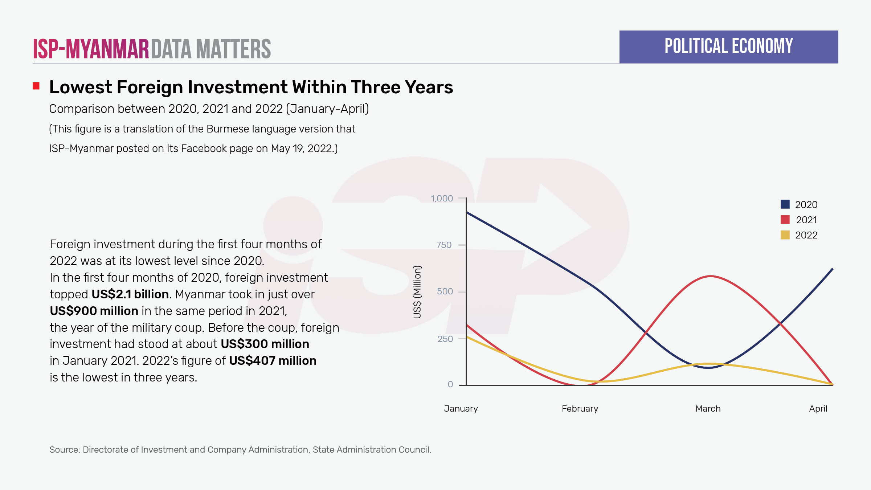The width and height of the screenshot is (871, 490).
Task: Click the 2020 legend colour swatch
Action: pyautogui.click(x=785, y=204)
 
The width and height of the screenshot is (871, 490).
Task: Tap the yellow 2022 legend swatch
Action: pyautogui.click(x=785, y=235)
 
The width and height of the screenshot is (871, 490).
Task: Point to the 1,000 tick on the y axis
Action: pyautogui.click(x=442, y=199)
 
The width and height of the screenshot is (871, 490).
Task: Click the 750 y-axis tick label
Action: pyautogui.click(x=444, y=245)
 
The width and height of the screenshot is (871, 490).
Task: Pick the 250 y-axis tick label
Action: pyautogui.click(x=445, y=339)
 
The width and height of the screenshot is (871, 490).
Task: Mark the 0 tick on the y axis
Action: pyautogui.click(x=450, y=384)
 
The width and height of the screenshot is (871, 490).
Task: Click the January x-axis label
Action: pyautogui.click(x=461, y=409)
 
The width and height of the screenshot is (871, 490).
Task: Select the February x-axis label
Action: pyautogui.click(x=580, y=409)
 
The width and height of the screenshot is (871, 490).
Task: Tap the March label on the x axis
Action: pyautogui.click(x=708, y=409)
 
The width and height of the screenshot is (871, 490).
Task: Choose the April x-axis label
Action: pyautogui.click(x=818, y=409)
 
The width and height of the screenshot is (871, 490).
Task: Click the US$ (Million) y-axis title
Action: pyautogui.click(x=417, y=292)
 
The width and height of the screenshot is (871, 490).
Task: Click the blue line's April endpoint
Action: pyautogui.click(x=832, y=269)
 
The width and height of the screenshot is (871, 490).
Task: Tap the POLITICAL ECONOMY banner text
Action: pyautogui.click(x=728, y=46)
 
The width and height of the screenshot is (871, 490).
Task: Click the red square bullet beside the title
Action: pyautogui.click(x=36, y=86)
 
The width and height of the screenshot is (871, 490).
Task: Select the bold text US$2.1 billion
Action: pyautogui.click(x=130, y=294)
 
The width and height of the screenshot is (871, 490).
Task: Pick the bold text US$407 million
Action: pyautogui.click(x=273, y=361)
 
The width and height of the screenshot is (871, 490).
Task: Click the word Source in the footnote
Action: pyautogui.click(x=64, y=450)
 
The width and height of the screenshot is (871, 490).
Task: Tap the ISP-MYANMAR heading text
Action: pyautogui.click(x=91, y=49)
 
